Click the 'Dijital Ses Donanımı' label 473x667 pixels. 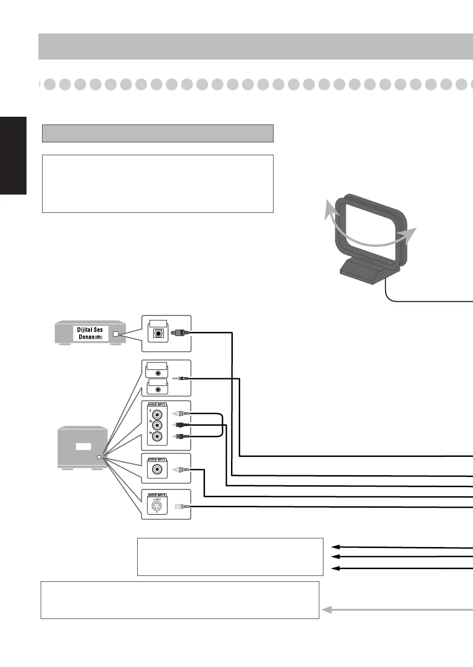[x=90, y=333]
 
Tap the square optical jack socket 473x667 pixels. [x=158, y=333]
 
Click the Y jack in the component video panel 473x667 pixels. [x=157, y=414]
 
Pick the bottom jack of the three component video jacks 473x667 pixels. [x=157, y=437]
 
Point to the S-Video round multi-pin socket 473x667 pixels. [x=157, y=506]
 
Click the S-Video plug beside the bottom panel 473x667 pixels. [x=182, y=506]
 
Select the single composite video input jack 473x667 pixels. [x=157, y=470]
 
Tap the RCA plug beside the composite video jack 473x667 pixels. [x=183, y=470]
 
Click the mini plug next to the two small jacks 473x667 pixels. [x=180, y=379]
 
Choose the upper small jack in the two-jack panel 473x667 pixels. [x=158, y=373]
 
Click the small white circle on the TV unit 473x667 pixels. [x=99, y=457]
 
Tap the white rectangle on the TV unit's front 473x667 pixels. [x=83, y=446]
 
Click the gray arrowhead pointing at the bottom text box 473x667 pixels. [x=327, y=609]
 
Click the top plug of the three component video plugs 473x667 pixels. [x=183, y=414]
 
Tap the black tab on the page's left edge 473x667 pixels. [x=13, y=156]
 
